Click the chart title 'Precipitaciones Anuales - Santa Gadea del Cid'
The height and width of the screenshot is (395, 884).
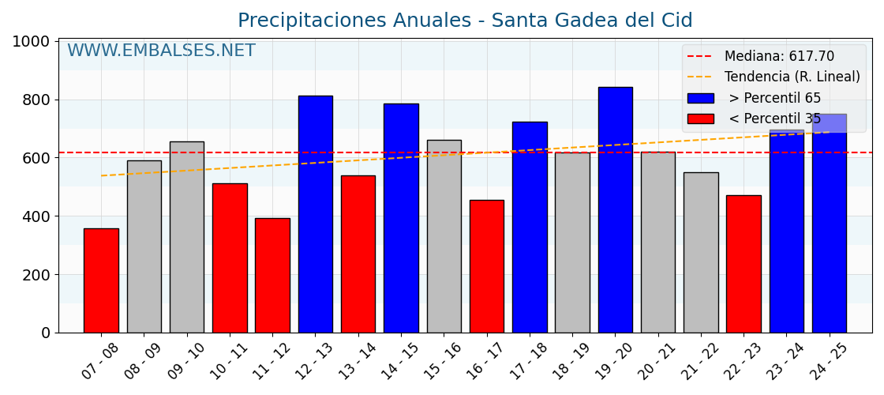click(465, 21)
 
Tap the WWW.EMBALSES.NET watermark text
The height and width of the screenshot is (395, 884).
click(161, 51)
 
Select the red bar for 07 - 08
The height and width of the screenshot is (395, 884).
click(101, 280)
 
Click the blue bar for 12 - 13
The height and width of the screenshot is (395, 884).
click(316, 214)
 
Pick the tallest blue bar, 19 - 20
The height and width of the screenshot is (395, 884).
click(616, 210)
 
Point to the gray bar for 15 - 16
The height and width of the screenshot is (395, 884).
click(444, 236)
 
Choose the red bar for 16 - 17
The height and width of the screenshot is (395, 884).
click(487, 266)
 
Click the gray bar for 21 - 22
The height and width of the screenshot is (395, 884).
click(701, 253)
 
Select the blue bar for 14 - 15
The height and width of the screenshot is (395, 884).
click(401, 218)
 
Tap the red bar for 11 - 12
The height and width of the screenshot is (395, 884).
click(272, 275)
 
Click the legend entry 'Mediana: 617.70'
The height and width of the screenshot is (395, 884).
click(778, 57)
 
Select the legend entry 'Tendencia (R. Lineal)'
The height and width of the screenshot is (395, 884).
click(792, 77)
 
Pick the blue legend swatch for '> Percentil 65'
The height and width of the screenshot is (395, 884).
click(700, 98)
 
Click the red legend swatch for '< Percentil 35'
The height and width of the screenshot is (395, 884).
click(700, 118)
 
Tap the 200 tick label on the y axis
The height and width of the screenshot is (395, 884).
click(35, 275)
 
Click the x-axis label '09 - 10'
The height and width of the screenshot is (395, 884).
click(188, 362)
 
